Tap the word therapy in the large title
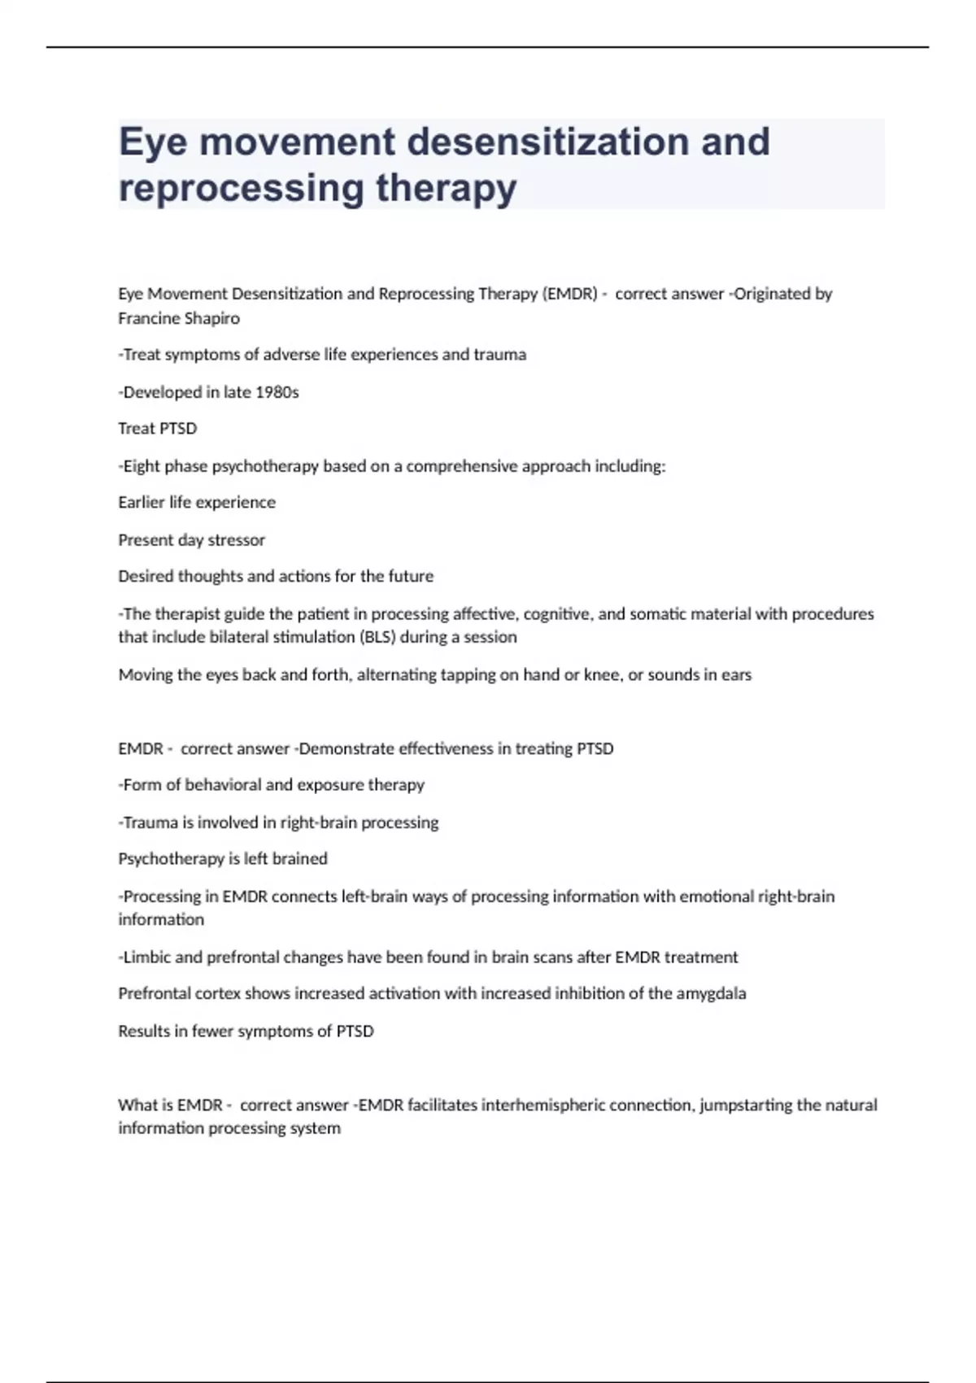coord(446,188)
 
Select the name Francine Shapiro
coord(179,318)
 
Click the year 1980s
coord(277,392)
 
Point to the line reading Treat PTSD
coord(158,429)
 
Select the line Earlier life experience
coord(197,503)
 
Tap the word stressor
coord(237,540)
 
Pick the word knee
coord(603,674)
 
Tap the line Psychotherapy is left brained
coord(223,859)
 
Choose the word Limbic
coord(146,958)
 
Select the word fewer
coord(211,1032)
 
